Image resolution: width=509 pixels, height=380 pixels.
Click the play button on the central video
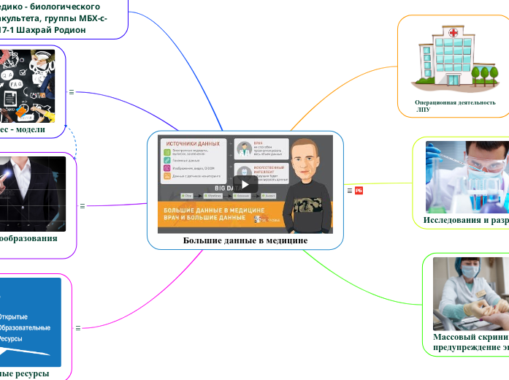(x=245, y=183)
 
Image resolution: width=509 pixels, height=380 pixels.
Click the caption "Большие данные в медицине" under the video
(x=245, y=240)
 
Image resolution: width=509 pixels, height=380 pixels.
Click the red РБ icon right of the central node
(x=359, y=191)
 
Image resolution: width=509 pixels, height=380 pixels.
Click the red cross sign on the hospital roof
(x=453, y=32)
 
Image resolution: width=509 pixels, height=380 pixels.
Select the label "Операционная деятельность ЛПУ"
(x=454, y=106)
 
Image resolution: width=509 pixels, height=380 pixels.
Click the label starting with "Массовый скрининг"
(x=470, y=338)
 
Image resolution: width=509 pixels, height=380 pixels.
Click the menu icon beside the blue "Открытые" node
(x=77, y=328)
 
